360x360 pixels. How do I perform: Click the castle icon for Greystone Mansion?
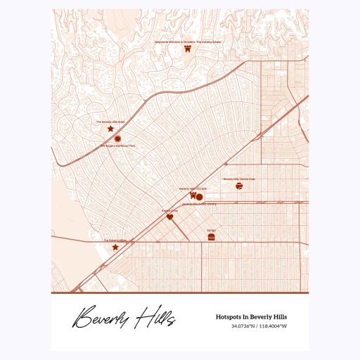click(x=188, y=49)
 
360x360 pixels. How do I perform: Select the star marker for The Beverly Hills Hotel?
click(x=110, y=129)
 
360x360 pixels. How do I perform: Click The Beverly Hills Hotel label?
click(x=110, y=122)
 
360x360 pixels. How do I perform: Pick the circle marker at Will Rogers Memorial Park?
click(x=117, y=139)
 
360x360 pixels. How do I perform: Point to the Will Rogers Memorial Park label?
click(x=117, y=146)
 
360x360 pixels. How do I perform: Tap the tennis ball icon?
click(x=240, y=186)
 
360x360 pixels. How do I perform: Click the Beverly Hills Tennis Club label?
click(x=239, y=179)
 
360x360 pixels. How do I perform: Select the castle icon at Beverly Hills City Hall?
click(x=192, y=196)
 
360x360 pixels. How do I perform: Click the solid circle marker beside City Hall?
click(x=200, y=197)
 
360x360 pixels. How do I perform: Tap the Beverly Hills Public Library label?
click(x=200, y=205)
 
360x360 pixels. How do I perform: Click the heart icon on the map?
click(x=169, y=217)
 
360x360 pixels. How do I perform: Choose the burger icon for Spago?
click(x=211, y=238)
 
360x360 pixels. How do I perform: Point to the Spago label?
click(x=211, y=231)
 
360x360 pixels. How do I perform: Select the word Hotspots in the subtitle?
click(x=232, y=317)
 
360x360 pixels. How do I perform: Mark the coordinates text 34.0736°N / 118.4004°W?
click(x=259, y=326)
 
